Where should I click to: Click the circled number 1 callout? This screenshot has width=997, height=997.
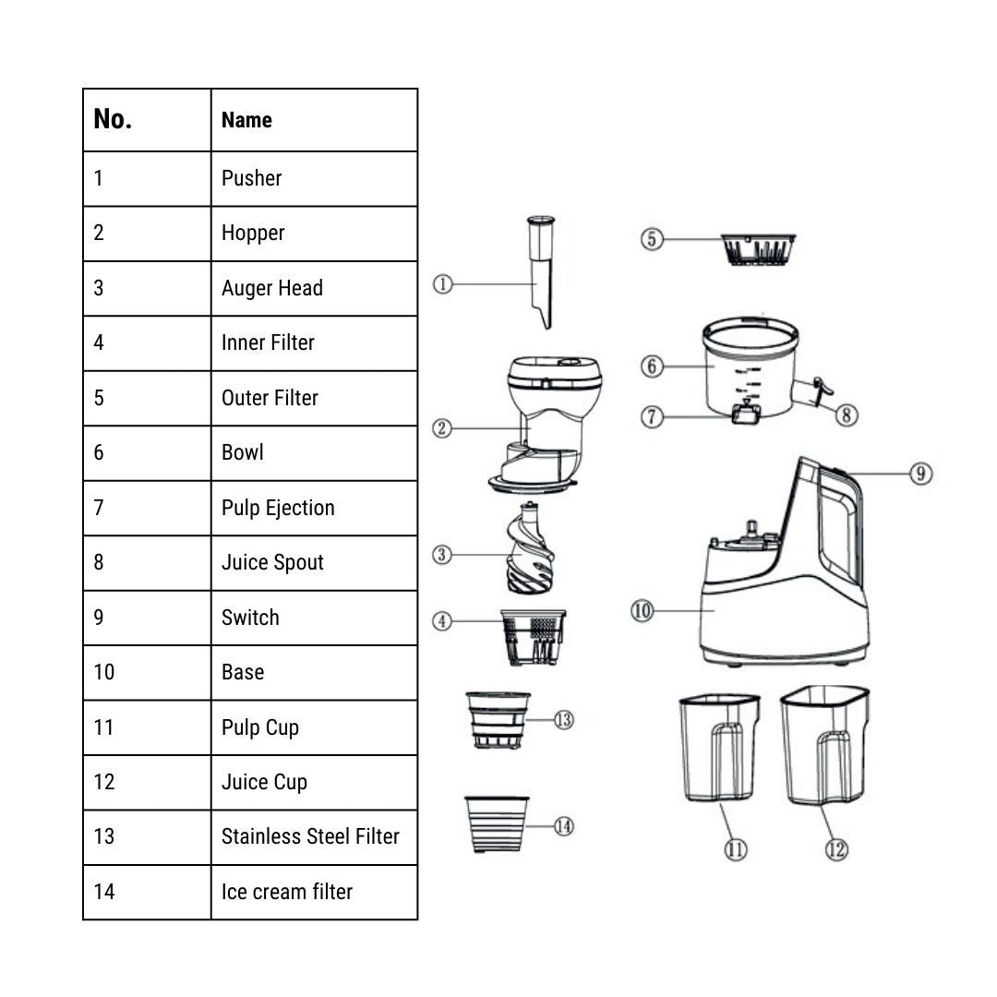[x=443, y=284]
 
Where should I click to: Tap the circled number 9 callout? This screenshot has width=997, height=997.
[x=920, y=474]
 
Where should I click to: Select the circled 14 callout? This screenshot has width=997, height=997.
[x=563, y=826]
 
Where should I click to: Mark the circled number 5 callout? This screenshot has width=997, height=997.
[x=652, y=239]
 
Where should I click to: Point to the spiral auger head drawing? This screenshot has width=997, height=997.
[x=531, y=550]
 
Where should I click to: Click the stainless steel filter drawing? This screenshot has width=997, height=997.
[x=498, y=719]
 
